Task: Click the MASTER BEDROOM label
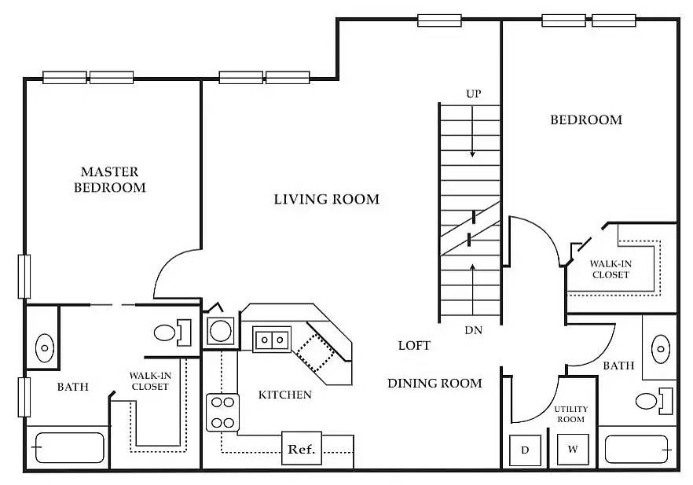click(110, 179)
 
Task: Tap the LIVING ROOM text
click(326, 200)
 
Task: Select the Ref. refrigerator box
click(302, 450)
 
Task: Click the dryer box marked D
click(524, 450)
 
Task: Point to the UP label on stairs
click(473, 94)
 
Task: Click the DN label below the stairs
click(473, 331)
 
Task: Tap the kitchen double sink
click(272, 340)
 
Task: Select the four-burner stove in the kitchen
click(222, 413)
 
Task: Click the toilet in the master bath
click(169, 333)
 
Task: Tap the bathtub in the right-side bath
click(638, 449)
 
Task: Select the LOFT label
click(414, 345)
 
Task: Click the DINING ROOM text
click(434, 384)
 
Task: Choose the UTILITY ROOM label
click(570, 414)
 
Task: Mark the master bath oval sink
click(45, 346)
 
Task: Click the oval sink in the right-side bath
click(662, 346)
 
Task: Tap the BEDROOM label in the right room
click(585, 120)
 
